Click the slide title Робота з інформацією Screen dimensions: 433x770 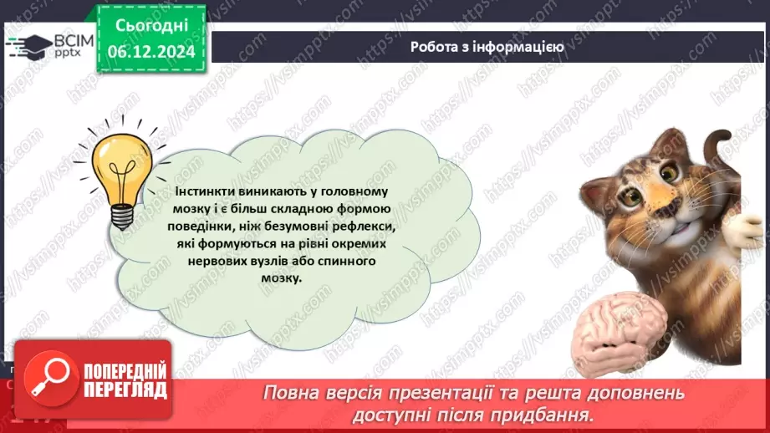487,47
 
